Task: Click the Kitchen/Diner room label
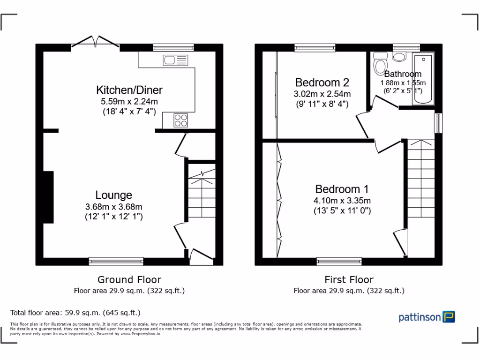coord(129,90)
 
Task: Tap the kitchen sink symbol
coord(175,60)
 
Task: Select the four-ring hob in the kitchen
coord(181,120)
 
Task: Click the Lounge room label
coord(113,195)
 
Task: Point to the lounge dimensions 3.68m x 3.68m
coord(113,206)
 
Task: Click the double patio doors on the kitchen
coord(96,42)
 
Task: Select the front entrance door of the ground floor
coord(201,255)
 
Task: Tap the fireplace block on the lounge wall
coord(48,197)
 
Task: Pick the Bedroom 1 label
coord(342,189)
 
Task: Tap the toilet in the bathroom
coord(380,64)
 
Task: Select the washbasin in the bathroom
coord(399,57)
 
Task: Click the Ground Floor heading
coord(129,280)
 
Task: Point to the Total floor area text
coord(75,313)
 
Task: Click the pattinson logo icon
coord(450,317)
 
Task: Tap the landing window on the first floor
coord(438,123)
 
